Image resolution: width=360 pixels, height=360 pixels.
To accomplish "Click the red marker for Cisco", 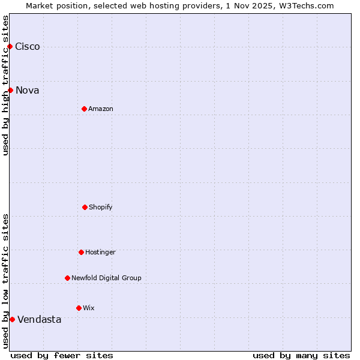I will tap(10, 46).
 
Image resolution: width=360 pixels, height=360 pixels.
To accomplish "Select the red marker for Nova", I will tap(10, 90).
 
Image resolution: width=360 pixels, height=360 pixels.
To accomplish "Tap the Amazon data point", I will tap(84, 109).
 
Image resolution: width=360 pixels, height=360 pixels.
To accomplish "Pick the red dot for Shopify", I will tap(85, 207).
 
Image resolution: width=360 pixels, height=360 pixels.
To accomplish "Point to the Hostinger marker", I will tap(81, 252).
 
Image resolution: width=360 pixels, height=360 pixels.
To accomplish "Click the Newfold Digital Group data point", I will tap(67, 278).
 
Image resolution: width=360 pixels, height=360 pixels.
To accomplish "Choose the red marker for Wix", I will tap(79, 308).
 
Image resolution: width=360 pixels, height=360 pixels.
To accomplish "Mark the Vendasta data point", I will tap(12, 319).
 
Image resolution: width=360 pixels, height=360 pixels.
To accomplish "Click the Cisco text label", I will tap(28, 47).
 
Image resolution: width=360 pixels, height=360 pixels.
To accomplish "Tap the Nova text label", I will tap(28, 91).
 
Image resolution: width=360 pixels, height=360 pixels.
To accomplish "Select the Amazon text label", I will tap(101, 109).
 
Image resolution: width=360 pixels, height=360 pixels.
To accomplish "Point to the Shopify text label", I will tap(101, 208).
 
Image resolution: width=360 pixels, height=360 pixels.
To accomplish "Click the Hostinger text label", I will tap(100, 253).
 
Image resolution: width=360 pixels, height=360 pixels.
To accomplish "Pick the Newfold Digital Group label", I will tap(106, 278).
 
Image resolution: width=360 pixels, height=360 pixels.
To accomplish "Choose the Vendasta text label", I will tap(40, 320).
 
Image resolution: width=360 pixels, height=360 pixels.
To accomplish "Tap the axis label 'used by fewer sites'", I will tap(62, 355).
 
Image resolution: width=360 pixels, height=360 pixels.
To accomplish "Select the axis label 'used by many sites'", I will tap(301, 355).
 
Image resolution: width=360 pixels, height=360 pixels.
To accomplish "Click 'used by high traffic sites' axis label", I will tap(6, 85).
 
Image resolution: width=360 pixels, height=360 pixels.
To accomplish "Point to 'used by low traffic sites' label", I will tap(6, 281).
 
